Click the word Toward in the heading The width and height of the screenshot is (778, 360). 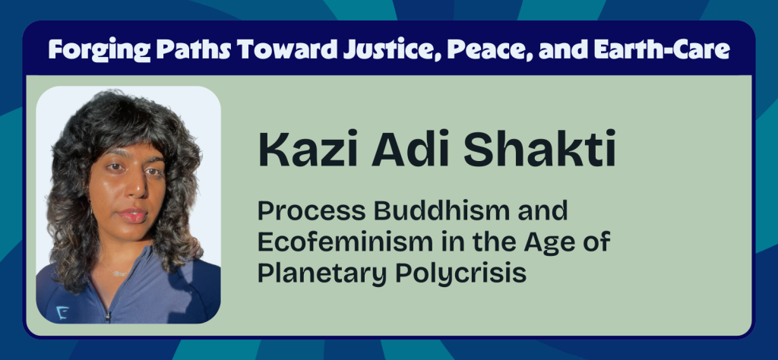(290, 50)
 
